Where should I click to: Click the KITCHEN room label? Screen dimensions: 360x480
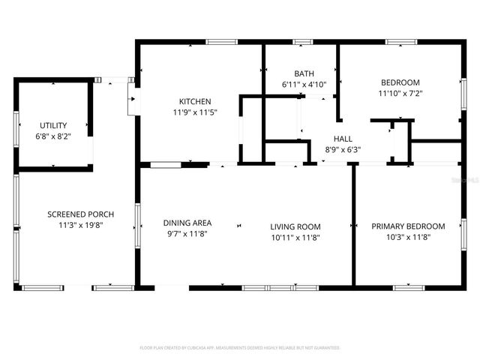[x=194, y=102]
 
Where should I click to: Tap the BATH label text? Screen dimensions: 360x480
[x=304, y=73]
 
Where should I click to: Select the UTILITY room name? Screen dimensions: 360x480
[x=53, y=125]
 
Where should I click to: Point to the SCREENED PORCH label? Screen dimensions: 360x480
[x=75, y=214]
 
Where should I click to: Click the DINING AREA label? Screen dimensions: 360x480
[x=187, y=223]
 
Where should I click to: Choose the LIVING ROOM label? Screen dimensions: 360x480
[x=295, y=226]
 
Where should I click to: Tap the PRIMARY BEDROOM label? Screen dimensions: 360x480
[x=408, y=226]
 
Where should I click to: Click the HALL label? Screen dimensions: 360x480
[x=343, y=139]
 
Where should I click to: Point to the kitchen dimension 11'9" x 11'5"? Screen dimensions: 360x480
[x=194, y=112]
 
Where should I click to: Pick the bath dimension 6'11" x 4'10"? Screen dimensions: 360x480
[x=304, y=84]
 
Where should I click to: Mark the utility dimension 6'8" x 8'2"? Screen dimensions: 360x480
[x=53, y=136]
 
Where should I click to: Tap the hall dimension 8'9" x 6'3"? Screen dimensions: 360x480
[x=343, y=149]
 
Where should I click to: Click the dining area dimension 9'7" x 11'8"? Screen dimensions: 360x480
[x=187, y=233]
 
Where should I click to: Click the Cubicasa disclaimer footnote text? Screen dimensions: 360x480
[x=240, y=348]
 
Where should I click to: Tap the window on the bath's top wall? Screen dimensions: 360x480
[x=302, y=41]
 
